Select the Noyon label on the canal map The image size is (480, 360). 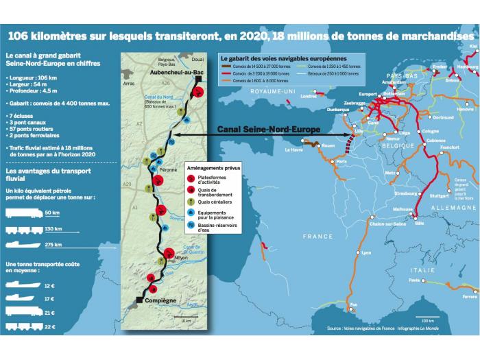point(181,257)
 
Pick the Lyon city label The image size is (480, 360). point(366,253)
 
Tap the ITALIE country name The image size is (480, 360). point(424,270)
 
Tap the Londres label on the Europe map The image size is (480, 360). point(310,96)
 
